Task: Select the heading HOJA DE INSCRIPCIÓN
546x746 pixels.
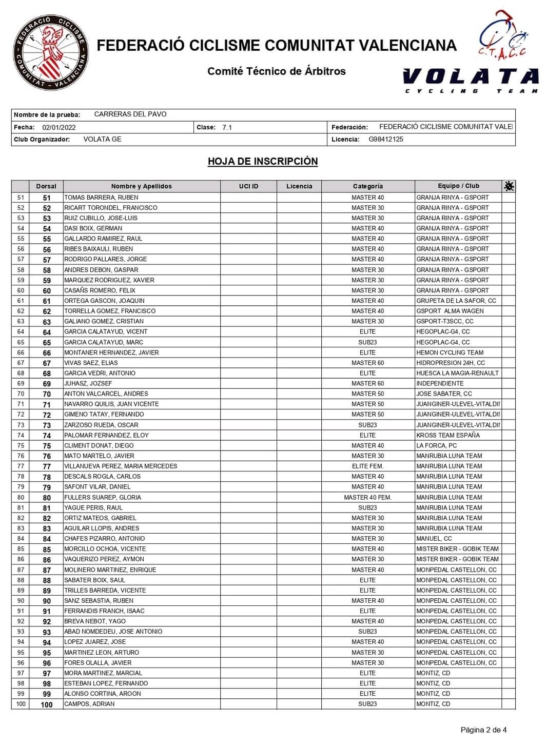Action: [x=263, y=162]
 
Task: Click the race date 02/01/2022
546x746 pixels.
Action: [x=59, y=127]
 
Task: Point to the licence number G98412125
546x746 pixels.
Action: [x=386, y=139]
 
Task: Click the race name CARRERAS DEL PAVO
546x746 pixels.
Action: [x=130, y=114]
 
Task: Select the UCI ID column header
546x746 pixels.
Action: [x=249, y=186]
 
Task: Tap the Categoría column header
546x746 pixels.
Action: [x=367, y=186]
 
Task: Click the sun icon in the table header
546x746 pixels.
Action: [x=509, y=186]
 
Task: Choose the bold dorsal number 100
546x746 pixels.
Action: [x=47, y=704]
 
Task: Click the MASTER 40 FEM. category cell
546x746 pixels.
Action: [x=367, y=497]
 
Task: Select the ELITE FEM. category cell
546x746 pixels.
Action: [x=367, y=466]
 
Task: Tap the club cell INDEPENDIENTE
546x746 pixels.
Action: [x=440, y=383]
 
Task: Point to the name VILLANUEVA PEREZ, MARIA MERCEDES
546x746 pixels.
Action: [x=121, y=466]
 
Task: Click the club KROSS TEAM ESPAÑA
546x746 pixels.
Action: [x=448, y=435]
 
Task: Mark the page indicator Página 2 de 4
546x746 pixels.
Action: [x=483, y=730]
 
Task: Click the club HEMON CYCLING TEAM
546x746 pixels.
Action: [x=450, y=352]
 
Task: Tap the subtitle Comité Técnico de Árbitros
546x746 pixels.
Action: [x=277, y=71]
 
